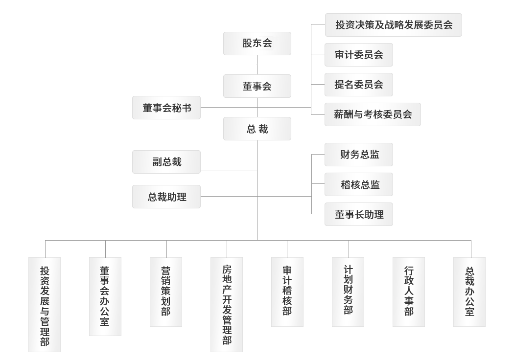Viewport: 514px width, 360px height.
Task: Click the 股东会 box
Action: click(x=257, y=43)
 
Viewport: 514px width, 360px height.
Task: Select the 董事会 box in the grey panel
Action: click(x=257, y=87)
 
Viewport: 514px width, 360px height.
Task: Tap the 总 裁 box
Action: click(x=257, y=129)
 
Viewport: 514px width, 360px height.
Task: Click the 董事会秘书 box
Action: click(x=166, y=108)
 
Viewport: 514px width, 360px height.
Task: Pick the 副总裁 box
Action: click(x=166, y=162)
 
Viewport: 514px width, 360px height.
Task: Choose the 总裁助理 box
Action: click(x=166, y=197)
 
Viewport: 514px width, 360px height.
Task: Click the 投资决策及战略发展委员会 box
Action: click(x=393, y=25)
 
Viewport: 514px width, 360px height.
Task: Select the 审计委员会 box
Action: click(x=359, y=55)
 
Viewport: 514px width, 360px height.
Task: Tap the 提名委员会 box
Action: click(x=359, y=85)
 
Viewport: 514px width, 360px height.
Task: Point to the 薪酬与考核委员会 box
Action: click(x=373, y=114)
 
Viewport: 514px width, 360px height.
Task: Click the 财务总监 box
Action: click(x=359, y=156)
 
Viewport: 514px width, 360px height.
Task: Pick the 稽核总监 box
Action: click(x=359, y=185)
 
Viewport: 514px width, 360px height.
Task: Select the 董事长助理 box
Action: click(x=359, y=214)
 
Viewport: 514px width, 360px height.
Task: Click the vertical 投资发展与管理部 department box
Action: click(x=45, y=304)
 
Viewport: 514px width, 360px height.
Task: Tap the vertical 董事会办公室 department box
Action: click(x=105, y=296)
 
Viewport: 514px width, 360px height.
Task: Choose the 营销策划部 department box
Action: click(x=166, y=292)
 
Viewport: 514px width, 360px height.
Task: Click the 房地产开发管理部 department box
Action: click(x=227, y=304)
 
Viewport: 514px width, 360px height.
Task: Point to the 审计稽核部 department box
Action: click(x=287, y=292)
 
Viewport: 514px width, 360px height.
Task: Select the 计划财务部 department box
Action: click(x=348, y=292)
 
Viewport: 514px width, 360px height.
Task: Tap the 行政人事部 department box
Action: click(x=409, y=292)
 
